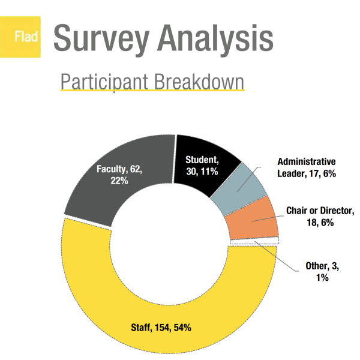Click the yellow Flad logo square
point(25,38)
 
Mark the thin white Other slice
point(252,242)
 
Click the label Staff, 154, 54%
point(161,328)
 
